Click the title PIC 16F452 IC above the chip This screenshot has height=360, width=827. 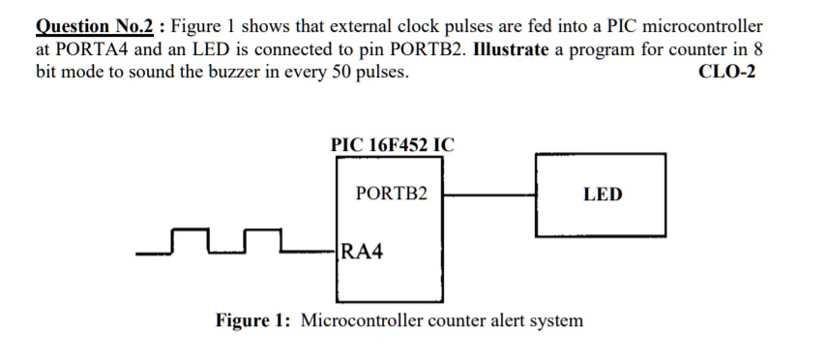pos(392,145)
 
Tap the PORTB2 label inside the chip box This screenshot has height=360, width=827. pos(392,194)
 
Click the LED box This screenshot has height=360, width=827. pos(602,194)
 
